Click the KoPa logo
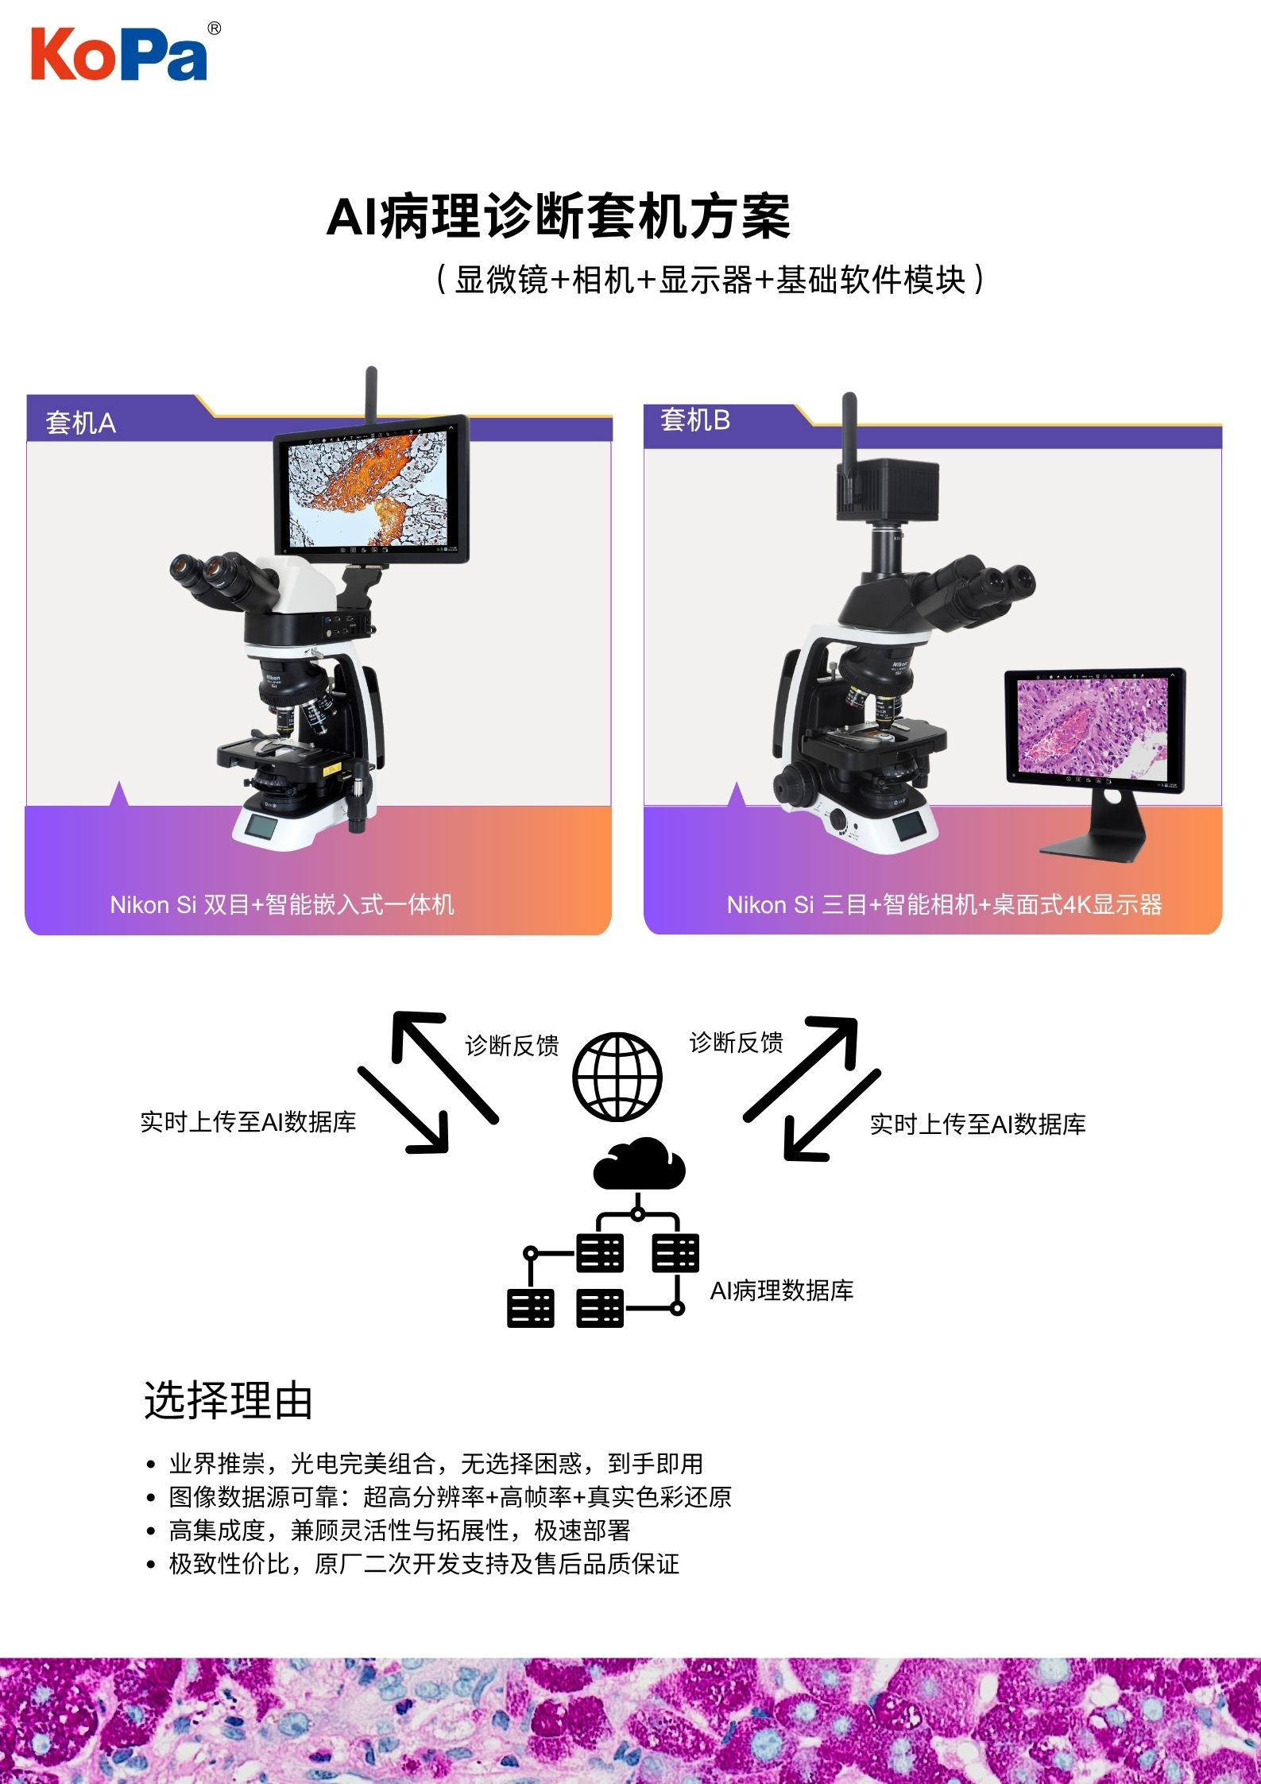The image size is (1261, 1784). tap(119, 53)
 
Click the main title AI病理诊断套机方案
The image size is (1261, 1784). tap(559, 216)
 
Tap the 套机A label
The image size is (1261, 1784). tap(81, 423)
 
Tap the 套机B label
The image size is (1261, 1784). tap(695, 420)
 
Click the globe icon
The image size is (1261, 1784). tap(617, 1076)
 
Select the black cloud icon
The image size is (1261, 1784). tap(640, 1164)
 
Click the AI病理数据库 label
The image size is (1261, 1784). tap(782, 1291)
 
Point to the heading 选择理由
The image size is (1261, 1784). tap(228, 1400)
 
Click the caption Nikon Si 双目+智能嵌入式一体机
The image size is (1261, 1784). tap(282, 904)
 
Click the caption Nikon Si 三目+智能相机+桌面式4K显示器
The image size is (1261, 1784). tap(945, 904)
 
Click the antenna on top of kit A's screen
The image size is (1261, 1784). tap(371, 397)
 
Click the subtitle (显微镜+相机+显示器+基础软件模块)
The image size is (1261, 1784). tap(710, 280)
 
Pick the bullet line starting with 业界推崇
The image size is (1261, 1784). tap(435, 1463)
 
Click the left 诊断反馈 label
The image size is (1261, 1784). tap(512, 1045)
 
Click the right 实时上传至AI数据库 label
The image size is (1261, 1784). tap(977, 1124)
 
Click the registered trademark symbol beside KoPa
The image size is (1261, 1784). tap(214, 29)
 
